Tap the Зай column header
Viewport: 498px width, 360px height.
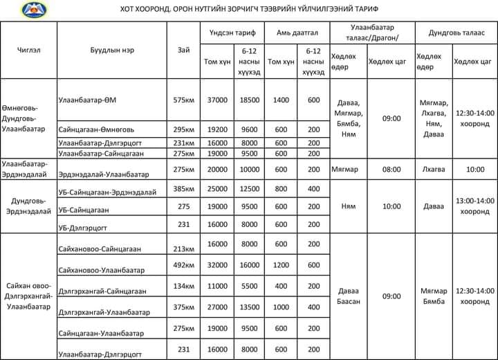(183, 49)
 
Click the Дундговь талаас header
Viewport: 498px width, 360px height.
(454, 32)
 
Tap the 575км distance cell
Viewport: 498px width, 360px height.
(183, 100)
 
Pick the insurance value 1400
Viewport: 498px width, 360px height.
(281, 100)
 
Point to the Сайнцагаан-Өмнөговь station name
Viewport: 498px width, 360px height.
(101, 129)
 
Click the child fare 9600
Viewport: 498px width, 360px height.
(249, 129)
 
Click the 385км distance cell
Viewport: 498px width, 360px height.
(183, 189)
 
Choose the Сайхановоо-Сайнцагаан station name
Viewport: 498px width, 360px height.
(100, 249)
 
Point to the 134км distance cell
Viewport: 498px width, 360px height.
(183, 286)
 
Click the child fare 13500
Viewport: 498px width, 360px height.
(249, 307)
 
